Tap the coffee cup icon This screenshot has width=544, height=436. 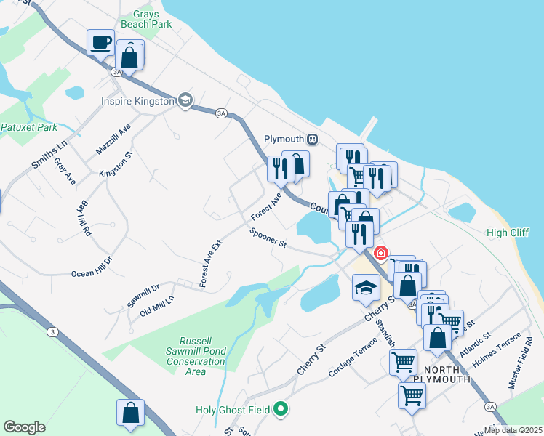click(101, 42)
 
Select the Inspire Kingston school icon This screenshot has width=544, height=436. click(185, 100)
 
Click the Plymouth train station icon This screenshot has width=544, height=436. click(312, 138)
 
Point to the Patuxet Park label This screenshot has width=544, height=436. click(28, 127)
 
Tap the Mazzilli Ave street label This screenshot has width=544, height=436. click(113, 138)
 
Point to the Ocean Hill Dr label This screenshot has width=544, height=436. click(92, 266)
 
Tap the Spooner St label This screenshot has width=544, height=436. click(268, 238)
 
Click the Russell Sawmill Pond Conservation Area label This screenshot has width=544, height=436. click(195, 356)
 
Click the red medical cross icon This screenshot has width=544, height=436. click(380, 253)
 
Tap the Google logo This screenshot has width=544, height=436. click(25, 427)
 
